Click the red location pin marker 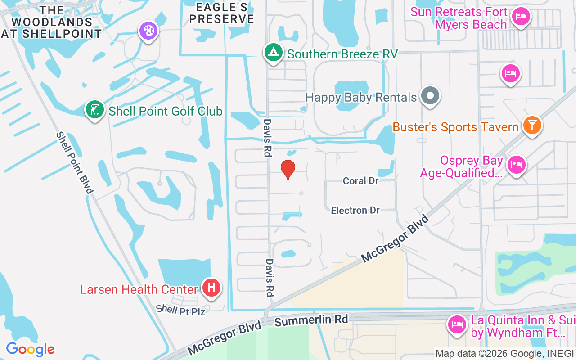[288, 169]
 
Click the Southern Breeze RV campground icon [273, 53]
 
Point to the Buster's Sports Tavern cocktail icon [532, 126]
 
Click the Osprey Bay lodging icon [517, 165]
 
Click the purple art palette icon [148, 31]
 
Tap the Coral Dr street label [360, 181]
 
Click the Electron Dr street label [355, 210]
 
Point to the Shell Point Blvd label [75, 162]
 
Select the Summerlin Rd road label [311, 320]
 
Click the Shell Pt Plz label [180, 310]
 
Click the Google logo [30, 349]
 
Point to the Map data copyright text [504, 354]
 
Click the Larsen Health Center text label [139, 289]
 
